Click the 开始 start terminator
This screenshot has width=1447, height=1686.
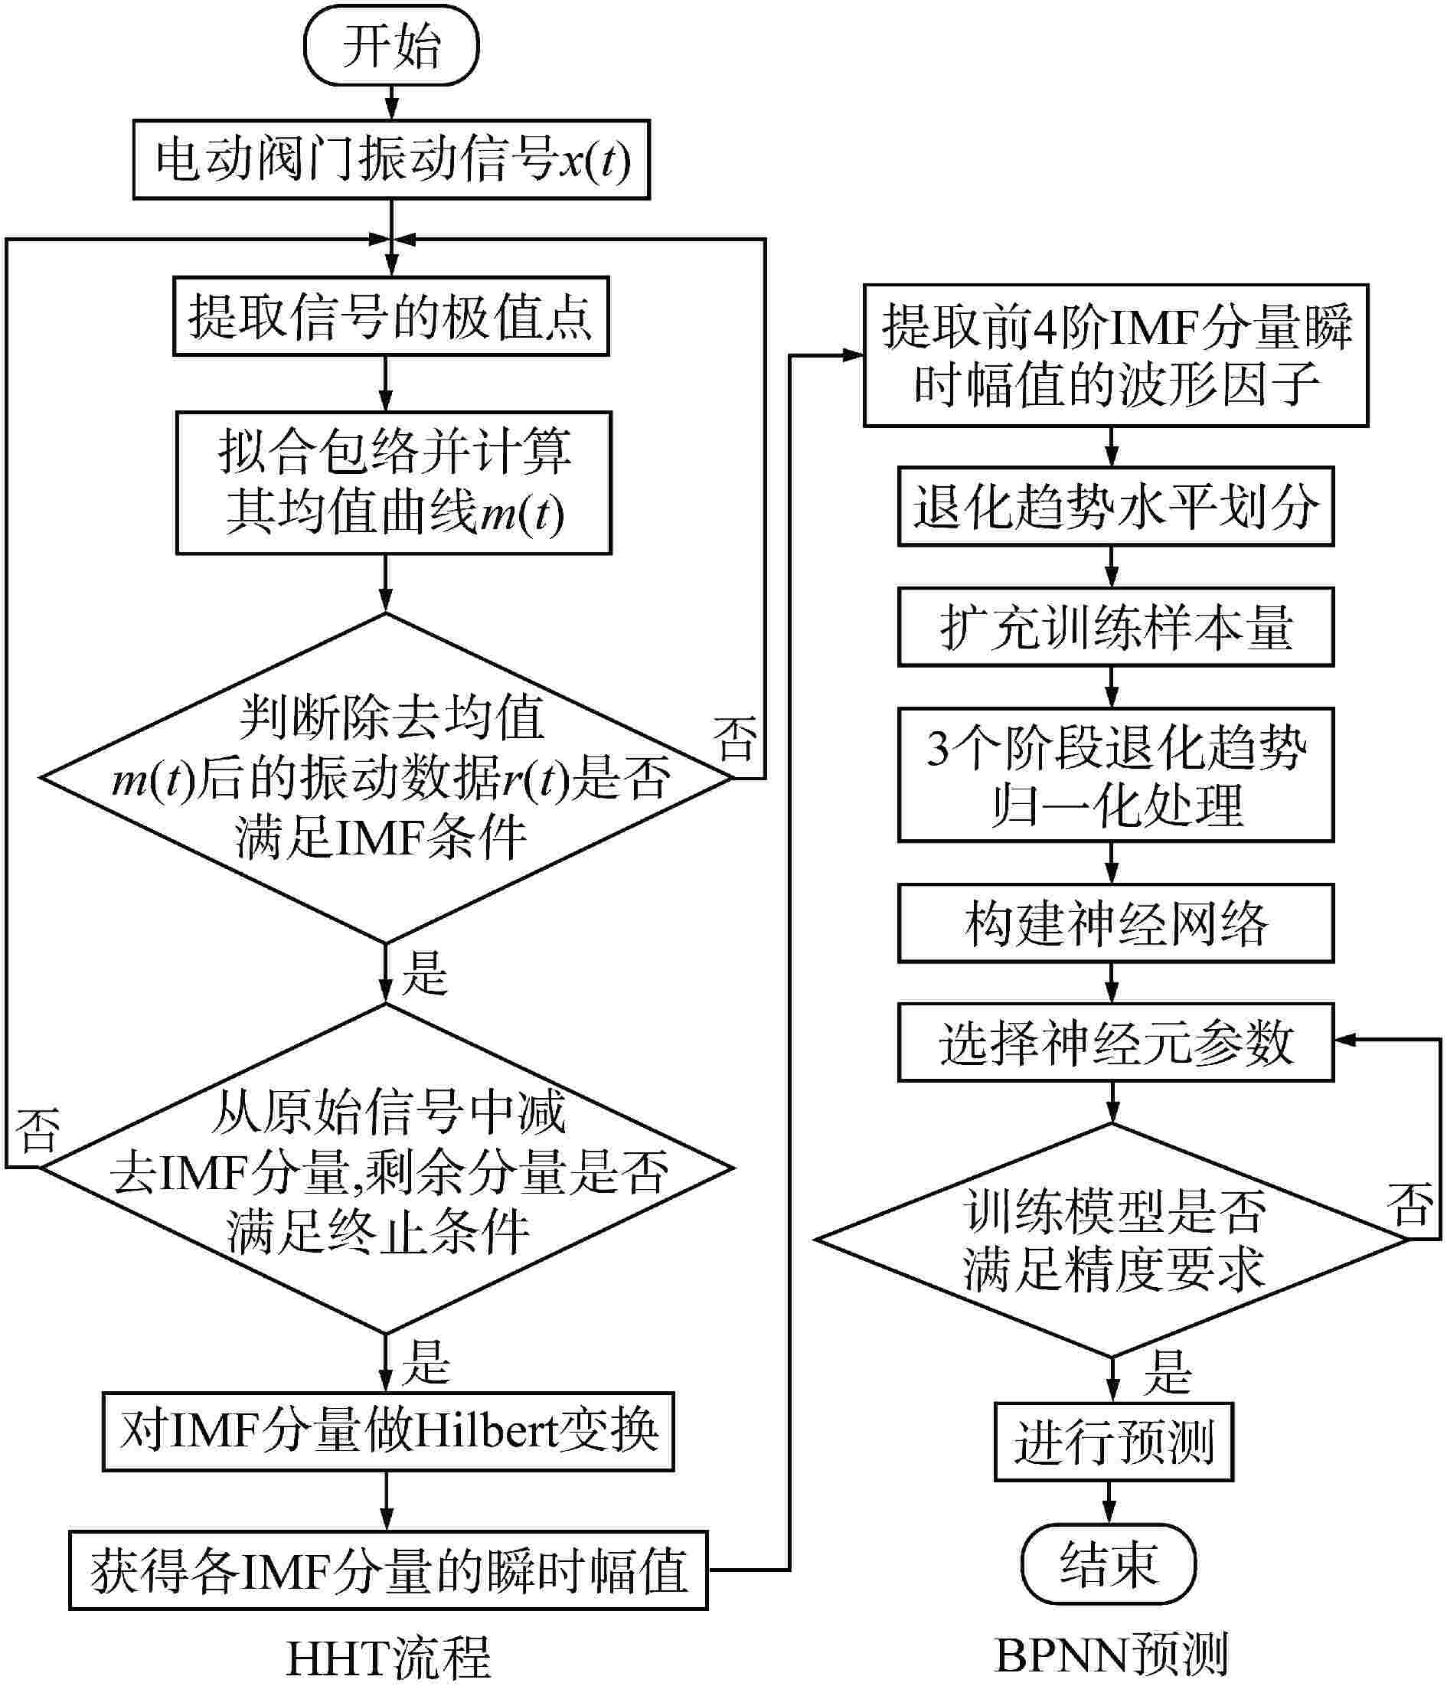[x=390, y=47]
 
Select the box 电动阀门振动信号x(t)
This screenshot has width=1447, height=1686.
[x=391, y=159]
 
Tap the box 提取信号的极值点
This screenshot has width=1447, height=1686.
[x=390, y=316]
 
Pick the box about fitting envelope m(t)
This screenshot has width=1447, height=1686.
[x=394, y=482]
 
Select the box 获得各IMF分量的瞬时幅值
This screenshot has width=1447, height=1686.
[x=388, y=1570]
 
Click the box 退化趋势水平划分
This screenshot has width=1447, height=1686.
[x=1115, y=506]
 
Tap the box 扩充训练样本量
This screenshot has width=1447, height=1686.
[x=1115, y=626]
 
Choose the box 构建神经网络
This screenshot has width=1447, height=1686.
[x=1115, y=923]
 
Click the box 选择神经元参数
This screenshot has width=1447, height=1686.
[x=1115, y=1042]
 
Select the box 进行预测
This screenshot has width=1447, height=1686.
[x=1113, y=1442]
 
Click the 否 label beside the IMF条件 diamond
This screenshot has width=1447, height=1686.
[x=735, y=738]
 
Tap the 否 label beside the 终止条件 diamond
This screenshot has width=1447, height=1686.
[x=38, y=1131]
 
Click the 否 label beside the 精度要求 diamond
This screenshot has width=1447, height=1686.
[x=1409, y=1205]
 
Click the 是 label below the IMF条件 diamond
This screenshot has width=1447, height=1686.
[x=425, y=972]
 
